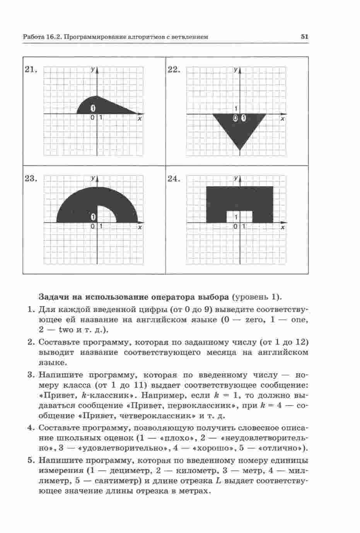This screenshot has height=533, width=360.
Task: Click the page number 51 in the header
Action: click(304, 37)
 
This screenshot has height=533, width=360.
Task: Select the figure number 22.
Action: click(174, 70)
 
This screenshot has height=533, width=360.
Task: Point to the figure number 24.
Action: click(174, 179)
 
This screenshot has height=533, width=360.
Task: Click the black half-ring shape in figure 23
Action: click(77, 205)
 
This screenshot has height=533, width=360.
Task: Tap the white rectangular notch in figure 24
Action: click(239, 216)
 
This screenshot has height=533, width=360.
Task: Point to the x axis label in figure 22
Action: click(283, 119)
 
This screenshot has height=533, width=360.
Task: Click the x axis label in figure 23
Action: click(140, 228)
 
